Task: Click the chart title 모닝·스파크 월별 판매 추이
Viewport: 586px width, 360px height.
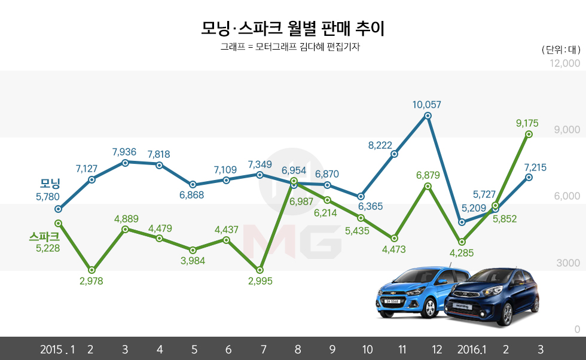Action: [293, 28]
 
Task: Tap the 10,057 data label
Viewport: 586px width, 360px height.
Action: [427, 105]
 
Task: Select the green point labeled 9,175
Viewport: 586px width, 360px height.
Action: [529, 135]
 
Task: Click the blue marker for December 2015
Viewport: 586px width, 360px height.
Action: [427, 115]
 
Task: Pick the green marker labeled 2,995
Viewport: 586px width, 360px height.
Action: [260, 270]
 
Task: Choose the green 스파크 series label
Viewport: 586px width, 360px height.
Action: [45, 236]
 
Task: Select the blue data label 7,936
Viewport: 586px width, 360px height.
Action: [125, 152]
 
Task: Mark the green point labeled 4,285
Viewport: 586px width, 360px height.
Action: [461, 242]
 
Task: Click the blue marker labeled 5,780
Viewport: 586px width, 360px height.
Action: [58, 209]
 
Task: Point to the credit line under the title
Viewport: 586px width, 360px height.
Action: [292, 47]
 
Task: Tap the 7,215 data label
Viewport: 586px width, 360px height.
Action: [535, 167]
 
